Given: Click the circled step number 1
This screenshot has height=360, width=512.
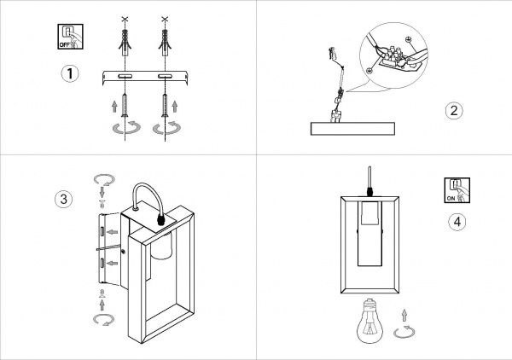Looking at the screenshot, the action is pyautogui.click(x=70, y=73).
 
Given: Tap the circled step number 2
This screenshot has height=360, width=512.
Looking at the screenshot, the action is pyautogui.click(x=454, y=111).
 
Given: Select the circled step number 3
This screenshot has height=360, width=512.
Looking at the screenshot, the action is pyautogui.click(x=64, y=199).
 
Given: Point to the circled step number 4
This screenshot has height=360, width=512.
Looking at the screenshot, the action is pyautogui.click(x=457, y=222).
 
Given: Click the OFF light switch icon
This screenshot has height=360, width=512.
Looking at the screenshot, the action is pyautogui.click(x=70, y=37).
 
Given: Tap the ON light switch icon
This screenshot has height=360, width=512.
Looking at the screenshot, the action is pyautogui.click(x=457, y=190).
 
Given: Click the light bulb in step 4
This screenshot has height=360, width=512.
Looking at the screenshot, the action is pyautogui.click(x=370, y=321).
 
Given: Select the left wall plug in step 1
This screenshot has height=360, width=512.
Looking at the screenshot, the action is pyautogui.click(x=125, y=43).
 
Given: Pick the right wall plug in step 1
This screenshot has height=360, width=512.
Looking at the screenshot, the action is pyautogui.click(x=165, y=43).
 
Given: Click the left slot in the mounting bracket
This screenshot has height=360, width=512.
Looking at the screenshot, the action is pyautogui.click(x=125, y=77).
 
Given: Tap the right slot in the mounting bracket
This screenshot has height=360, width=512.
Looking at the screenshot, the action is pyautogui.click(x=166, y=77).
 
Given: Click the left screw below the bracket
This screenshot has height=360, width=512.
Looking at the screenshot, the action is pyautogui.click(x=125, y=105).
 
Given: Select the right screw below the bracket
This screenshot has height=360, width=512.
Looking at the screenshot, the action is pyautogui.click(x=165, y=105).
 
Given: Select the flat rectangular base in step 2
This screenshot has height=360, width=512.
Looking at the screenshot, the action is pyautogui.click(x=352, y=129).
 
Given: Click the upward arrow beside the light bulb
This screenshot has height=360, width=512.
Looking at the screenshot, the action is pyautogui.click(x=404, y=316).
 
